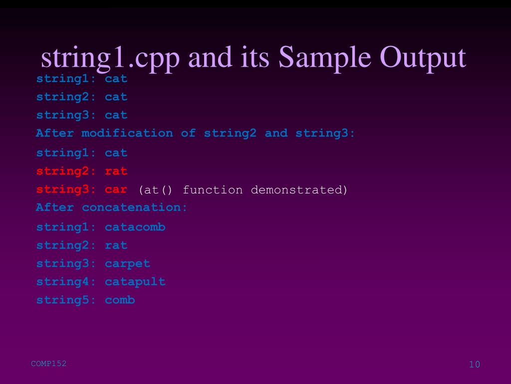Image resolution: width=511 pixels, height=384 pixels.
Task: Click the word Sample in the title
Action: (x=321, y=57)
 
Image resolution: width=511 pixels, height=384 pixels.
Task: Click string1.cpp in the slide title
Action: (x=110, y=58)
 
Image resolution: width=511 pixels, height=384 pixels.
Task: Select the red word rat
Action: (x=116, y=171)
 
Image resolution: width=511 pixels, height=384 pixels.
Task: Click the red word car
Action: (x=116, y=190)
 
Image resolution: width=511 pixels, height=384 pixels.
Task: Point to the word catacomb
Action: (x=135, y=227)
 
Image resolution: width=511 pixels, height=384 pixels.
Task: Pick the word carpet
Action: (x=127, y=264)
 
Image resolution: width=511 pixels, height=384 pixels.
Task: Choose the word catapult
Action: (x=135, y=282)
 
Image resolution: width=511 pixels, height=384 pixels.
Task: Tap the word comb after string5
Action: (x=120, y=300)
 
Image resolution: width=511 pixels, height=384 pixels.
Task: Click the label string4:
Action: (x=66, y=282)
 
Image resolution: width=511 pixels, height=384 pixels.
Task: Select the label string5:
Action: (x=66, y=300)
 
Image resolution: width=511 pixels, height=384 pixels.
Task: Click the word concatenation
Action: (x=135, y=207)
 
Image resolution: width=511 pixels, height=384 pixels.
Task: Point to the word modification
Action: (x=127, y=133)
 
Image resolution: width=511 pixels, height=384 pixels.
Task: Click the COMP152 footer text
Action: (x=48, y=363)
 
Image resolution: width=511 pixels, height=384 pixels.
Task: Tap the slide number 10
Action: (x=474, y=364)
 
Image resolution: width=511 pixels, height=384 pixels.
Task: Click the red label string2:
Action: (x=66, y=171)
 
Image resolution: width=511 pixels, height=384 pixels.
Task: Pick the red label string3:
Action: (x=66, y=190)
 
